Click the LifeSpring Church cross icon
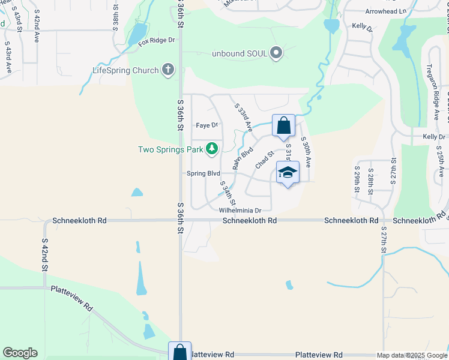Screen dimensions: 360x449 tap(167, 70)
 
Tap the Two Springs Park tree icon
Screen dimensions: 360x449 tap(211, 148)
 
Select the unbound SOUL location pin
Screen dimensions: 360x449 tap(276, 53)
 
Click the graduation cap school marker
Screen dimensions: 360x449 tap(288, 173)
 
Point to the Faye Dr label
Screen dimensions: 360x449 tap(206, 125)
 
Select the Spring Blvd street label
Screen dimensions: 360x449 tap(203, 173)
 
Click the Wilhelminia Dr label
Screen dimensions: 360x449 tap(240, 211)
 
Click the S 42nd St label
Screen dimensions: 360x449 tap(44, 254)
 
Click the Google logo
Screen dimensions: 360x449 tap(20, 353)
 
